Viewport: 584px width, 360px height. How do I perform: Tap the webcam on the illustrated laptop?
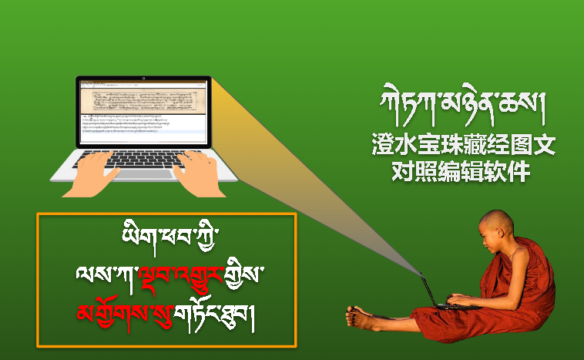point(144,79)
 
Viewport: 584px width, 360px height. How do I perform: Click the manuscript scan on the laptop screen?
point(144,101)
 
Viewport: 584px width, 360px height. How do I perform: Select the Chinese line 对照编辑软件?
point(461,172)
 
